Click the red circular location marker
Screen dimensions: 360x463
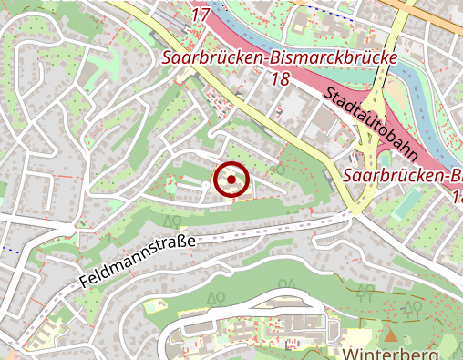click(x=231, y=180)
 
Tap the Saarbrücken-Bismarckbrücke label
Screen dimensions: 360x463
click(x=281, y=58)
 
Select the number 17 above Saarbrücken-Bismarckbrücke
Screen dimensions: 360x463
click(x=201, y=14)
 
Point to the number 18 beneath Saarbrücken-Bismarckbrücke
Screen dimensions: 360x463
click(x=280, y=79)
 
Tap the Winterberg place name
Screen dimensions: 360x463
click(x=392, y=353)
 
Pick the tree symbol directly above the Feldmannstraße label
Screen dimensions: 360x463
click(x=170, y=221)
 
